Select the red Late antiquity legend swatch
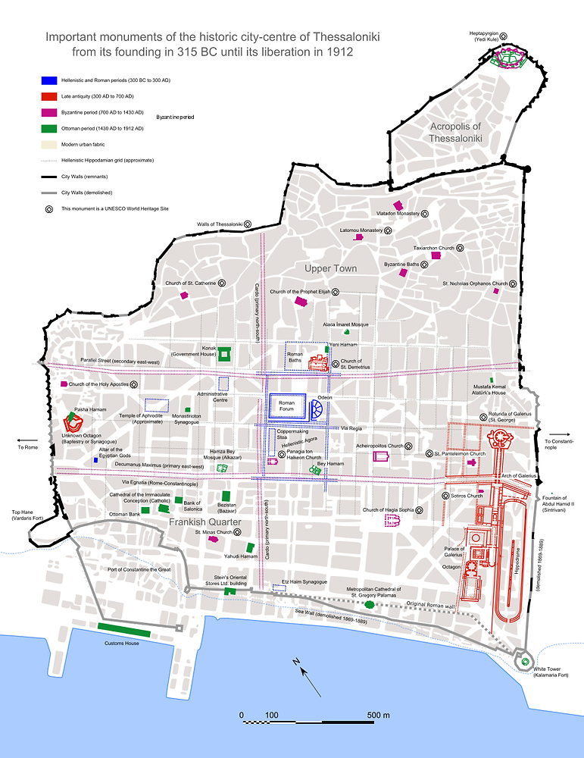coord(50,96)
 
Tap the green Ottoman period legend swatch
coord(50,129)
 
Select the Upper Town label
coord(331,268)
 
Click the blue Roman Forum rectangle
coord(286,408)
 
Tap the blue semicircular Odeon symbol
coord(319,410)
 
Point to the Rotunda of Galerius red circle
coord(501,439)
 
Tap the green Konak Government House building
coord(224,354)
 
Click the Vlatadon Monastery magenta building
coord(397,205)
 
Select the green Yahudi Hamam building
coord(250,547)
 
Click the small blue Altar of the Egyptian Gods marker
coord(95,460)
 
